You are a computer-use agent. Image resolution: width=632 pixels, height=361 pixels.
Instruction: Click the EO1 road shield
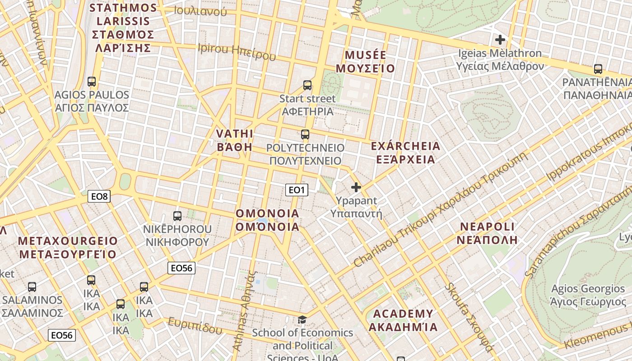[297, 190]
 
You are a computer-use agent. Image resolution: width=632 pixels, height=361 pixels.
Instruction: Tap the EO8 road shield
[99, 196]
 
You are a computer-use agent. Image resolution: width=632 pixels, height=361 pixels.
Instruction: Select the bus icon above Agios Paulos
[92, 82]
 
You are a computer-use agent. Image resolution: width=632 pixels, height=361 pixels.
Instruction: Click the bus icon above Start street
[307, 85]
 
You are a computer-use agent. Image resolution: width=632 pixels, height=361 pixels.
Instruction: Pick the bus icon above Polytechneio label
[305, 134]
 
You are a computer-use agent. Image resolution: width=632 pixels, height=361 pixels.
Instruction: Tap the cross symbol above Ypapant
[356, 187]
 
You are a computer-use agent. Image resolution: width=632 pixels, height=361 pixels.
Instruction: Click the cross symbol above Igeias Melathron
[500, 40]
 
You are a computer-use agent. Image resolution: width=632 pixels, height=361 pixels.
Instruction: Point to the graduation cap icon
[302, 319]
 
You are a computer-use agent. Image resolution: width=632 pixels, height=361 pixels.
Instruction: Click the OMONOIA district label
[268, 220]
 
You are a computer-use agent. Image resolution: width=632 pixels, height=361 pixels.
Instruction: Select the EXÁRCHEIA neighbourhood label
[405, 153]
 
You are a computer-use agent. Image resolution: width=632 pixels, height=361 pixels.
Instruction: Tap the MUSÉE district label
[366, 62]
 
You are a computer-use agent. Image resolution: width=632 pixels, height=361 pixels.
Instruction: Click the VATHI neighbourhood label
[235, 140]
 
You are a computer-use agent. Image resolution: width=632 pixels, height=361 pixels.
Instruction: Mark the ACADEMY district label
[403, 320]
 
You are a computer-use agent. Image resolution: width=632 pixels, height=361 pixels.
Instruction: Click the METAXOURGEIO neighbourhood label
[68, 247]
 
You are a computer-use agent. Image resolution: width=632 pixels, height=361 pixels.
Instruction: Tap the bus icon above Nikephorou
[177, 216]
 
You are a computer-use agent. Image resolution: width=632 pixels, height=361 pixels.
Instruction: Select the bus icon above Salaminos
[32, 287]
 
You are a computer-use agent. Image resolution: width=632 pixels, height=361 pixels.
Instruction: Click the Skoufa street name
[469, 317]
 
